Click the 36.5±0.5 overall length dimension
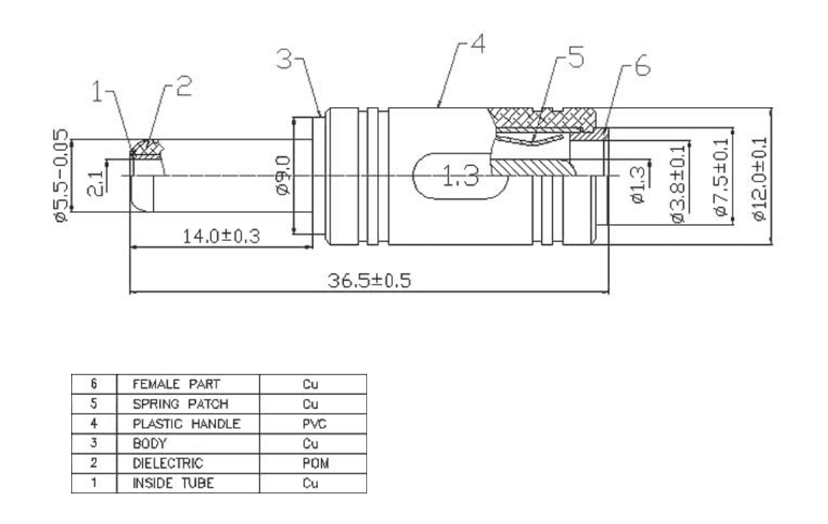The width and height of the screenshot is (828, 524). [369, 280]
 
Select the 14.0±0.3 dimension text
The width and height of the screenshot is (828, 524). [221, 236]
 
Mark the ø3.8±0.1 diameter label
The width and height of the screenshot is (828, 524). [679, 184]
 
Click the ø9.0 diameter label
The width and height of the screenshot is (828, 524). [283, 175]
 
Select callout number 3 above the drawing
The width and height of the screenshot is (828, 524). [284, 59]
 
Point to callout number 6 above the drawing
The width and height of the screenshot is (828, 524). [642, 66]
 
